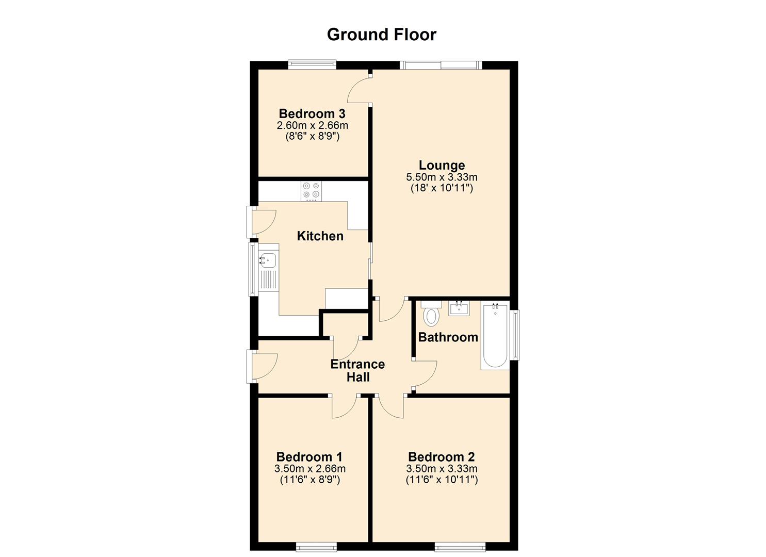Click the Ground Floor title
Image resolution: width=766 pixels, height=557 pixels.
click(382, 35)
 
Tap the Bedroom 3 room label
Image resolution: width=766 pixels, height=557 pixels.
click(312, 113)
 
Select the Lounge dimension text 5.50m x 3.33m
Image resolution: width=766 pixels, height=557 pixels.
click(442, 177)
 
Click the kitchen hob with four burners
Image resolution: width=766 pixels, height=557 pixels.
click(311, 191)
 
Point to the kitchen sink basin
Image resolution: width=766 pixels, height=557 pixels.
click(268, 260)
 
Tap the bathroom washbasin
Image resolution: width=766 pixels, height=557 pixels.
click(459, 308)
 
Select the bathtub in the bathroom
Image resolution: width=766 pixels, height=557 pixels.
click(495, 335)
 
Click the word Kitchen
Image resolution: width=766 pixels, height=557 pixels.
click(320, 236)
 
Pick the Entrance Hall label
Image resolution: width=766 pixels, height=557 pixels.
click(357, 371)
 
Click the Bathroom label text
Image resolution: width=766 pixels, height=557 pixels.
click(448, 337)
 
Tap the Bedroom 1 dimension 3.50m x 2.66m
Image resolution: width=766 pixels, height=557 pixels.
click(310, 468)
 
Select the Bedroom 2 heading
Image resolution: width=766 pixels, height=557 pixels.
click(442, 457)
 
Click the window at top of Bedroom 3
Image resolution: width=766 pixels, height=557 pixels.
click(312, 64)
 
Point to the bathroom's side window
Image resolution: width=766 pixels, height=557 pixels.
click(515, 335)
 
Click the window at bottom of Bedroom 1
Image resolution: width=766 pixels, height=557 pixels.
click(316, 547)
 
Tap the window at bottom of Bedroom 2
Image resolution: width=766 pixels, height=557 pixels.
click(460, 547)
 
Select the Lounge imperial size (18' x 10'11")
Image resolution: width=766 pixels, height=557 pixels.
click(442, 188)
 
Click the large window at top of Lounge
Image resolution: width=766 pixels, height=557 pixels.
click(441, 65)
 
